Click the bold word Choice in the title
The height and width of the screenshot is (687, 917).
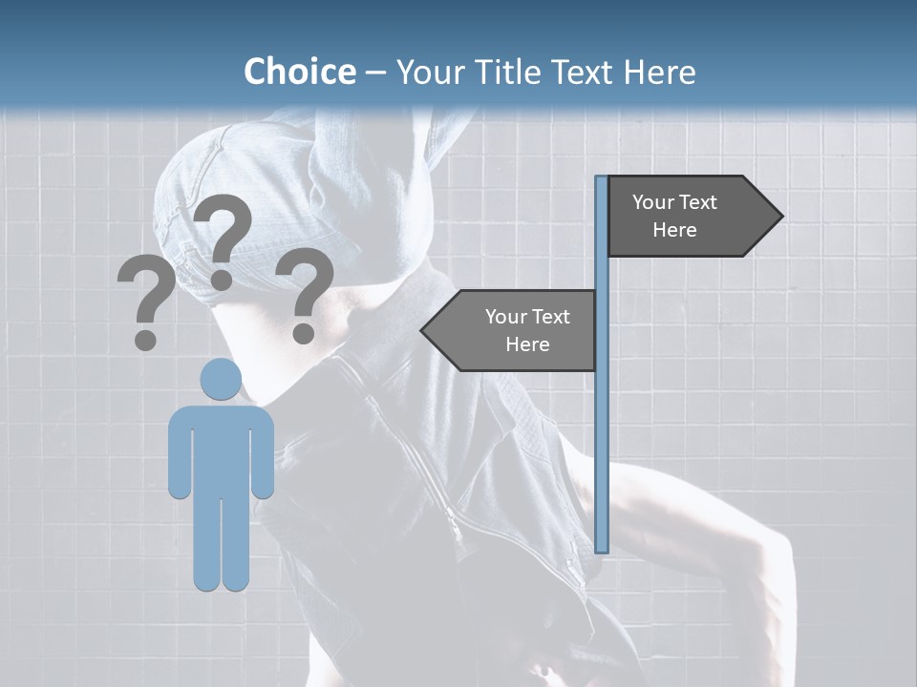[x=299, y=72]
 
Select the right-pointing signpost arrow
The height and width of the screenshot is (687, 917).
[x=688, y=216]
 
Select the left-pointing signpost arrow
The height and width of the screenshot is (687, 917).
[x=516, y=330]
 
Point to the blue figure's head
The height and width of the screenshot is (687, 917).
[x=221, y=380]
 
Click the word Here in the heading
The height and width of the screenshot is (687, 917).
[x=660, y=72]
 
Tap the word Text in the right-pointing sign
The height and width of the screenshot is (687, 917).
[x=700, y=202]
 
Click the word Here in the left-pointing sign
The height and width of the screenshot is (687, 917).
[x=527, y=344]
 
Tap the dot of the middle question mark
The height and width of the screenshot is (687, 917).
[x=222, y=280]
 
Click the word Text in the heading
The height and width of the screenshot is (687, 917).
[x=585, y=72]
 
